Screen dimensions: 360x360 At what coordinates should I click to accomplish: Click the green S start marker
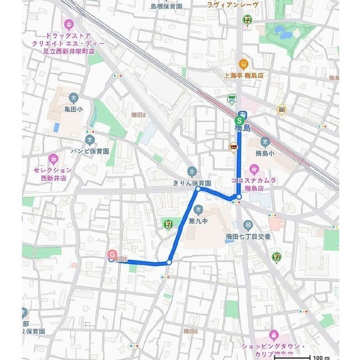point(240,120)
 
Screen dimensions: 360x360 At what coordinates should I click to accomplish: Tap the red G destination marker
point(112,255)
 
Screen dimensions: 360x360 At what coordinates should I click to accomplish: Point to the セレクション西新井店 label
point(52,173)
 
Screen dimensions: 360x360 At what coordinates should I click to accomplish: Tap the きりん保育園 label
point(192,183)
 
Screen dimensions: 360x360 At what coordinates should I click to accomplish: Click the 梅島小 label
point(264,153)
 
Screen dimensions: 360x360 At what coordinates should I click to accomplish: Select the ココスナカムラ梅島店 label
point(253,184)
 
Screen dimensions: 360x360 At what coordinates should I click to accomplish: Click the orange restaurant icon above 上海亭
point(243,63)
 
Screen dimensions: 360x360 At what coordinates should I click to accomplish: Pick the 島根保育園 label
point(166,6)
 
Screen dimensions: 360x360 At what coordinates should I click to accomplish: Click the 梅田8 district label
point(138,115)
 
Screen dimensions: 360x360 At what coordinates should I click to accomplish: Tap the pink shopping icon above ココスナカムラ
point(254,168)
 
